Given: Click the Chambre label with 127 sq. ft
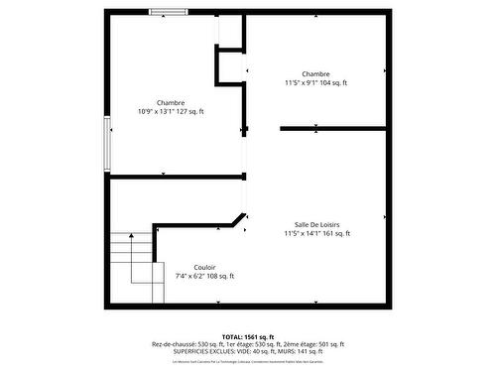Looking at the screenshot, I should click(x=170, y=102).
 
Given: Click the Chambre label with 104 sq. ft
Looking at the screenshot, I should click(x=315, y=74).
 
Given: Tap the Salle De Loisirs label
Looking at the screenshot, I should click(x=316, y=225).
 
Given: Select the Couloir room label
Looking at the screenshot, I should click(x=204, y=267).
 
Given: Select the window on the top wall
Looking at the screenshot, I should click(x=170, y=12).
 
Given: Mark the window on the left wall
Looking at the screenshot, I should click(x=107, y=144).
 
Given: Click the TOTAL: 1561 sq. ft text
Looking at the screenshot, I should click(x=247, y=337).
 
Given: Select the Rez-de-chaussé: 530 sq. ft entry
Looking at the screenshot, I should click(x=186, y=344).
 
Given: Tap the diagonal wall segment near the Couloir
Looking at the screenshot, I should click(x=239, y=218).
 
